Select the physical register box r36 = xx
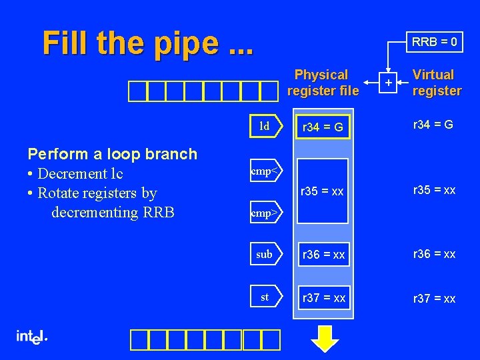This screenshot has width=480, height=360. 323,255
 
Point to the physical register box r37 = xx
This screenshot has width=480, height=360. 323,298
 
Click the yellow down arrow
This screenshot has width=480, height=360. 325,337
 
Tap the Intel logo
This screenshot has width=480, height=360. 31,337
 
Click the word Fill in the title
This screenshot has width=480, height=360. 65,43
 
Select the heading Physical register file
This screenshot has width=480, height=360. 323,83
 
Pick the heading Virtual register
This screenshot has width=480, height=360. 437,83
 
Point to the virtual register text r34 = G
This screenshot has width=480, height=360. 433,124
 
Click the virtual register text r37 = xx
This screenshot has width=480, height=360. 435,299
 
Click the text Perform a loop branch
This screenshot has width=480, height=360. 112,154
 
